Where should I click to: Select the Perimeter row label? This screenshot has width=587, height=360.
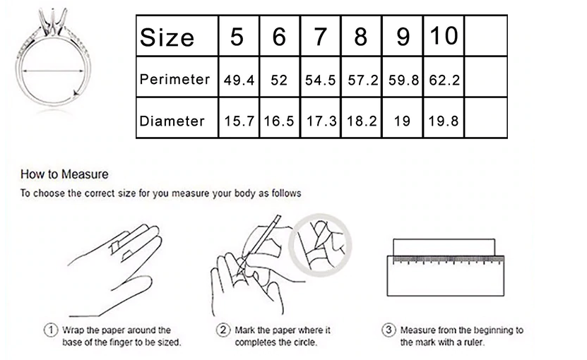pyautogui.click(x=174, y=79)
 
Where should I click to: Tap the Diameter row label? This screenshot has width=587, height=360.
pyautogui.click(x=172, y=121)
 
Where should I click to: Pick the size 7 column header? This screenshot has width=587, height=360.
pyautogui.click(x=320, y=37)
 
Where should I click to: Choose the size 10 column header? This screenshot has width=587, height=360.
pyautogui.click(x=444, y=36)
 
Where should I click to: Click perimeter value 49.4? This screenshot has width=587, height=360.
pyautogui.click(x=239, y=80)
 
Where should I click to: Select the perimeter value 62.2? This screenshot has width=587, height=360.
pyautogui.click(x=444, y=80)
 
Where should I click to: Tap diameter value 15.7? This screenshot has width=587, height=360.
pyautogui.click(x=239, y=121)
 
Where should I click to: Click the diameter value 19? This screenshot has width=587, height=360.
pyautogui.click(x=402, y=121)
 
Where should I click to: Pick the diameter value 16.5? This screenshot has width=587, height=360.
pyautogui.click(x=279, y=121)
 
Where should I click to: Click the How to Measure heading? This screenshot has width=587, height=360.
pyautogui.click(x=64, y=174)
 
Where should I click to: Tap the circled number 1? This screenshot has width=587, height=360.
pyautogui.click(x=51, y=330)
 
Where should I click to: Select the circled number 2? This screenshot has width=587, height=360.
pyautogui.click(x=223, y=330)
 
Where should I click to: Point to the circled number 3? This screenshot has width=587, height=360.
pyautogui.click(x=389, y=330)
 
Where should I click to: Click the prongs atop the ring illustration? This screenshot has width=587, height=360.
pyautogui.click(x=53, y=23)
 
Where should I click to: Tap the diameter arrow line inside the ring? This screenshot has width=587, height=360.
pyautogui.click(x=53, y=71)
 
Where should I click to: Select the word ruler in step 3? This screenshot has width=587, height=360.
pyautogui.click(x=473, y=342)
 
